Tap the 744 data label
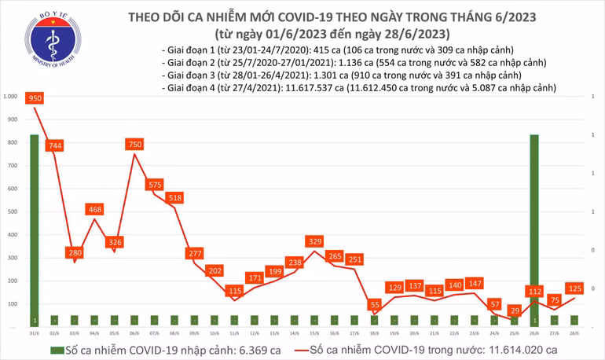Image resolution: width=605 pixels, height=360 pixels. click(55, 146)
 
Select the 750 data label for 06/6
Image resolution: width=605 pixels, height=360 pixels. click(135, 145)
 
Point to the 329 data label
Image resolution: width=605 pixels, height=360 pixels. click(314, 241)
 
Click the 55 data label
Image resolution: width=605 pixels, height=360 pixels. click(375, 304)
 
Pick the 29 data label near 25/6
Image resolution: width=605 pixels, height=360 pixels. click(515, 311)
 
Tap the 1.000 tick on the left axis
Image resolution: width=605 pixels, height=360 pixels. click(11, 97)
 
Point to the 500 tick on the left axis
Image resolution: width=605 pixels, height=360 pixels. click(13, 212)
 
